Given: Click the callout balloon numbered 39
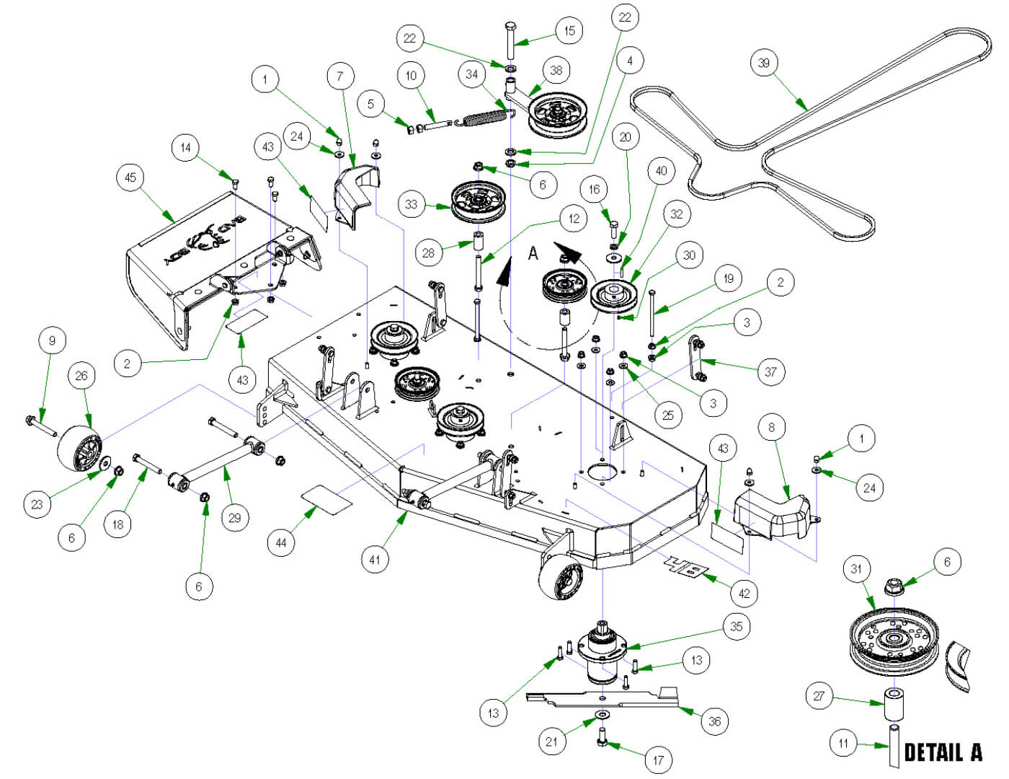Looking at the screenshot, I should click(764, 63).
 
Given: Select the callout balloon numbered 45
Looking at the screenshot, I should click(130, 177).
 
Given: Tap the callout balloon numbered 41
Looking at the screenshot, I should click(375, 559).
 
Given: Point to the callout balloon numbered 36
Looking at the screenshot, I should click(714, 721).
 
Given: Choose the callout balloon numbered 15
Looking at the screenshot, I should click(569, 30).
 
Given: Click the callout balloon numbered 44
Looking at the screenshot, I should click(281, 542).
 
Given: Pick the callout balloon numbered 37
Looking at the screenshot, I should click(770, 371).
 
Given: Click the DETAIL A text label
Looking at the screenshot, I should click(943, 752).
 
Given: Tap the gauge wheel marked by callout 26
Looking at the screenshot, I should click(79, 447).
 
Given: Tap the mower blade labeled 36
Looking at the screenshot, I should click(605, 698).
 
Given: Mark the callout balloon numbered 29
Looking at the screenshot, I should click(234, 517).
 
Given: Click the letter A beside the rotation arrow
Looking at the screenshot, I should click(533, 253).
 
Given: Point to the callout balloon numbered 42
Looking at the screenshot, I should click(744, 593).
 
